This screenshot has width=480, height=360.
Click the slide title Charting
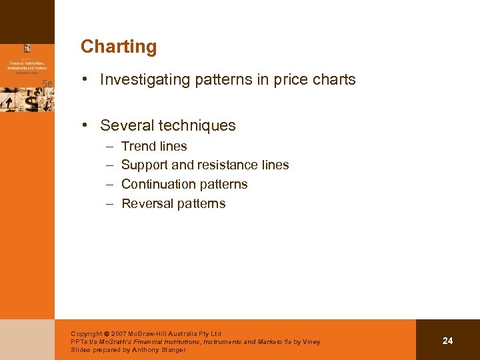point(119,47)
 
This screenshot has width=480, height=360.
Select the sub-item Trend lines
point(154,146)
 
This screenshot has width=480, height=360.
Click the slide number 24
point(447,341)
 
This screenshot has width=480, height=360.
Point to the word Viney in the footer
point(311,341)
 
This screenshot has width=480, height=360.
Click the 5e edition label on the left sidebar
point(47,83)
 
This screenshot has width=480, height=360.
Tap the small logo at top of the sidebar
point(27,48)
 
